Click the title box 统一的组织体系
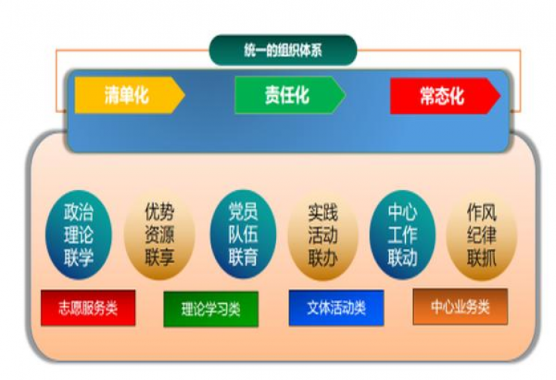283,50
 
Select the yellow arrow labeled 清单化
130,95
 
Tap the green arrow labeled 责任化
290,95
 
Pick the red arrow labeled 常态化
445,96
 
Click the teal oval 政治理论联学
78,234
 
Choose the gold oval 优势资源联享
160,235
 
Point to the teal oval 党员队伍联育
243,234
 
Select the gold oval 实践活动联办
323,236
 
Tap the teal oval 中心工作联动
402,234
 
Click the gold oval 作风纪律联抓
481,236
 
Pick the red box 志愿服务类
88,308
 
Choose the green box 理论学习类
211,309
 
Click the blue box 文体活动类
336,308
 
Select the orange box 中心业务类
460,307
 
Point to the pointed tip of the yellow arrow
185,95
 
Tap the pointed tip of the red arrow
500,96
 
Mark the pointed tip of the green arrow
345,95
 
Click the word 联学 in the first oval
78,258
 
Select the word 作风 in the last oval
481,213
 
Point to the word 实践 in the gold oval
323,213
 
